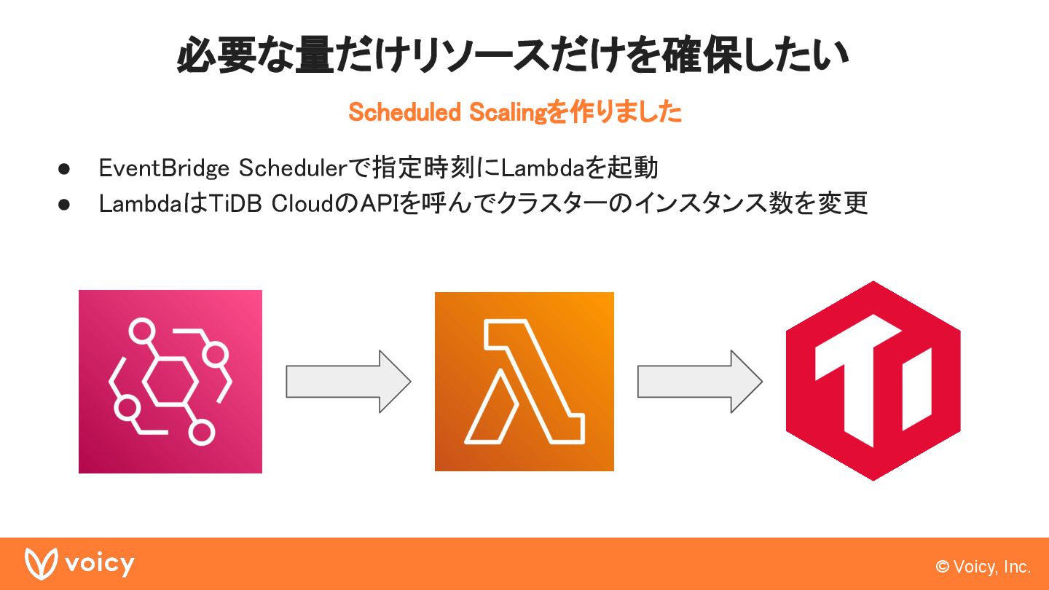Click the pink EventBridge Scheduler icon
170,381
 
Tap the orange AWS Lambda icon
524,381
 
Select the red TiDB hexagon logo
873,381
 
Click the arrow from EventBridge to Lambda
348,381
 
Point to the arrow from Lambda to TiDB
700,381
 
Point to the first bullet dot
63,169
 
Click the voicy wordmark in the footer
100,565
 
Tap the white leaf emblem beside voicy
41,564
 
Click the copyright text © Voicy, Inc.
983,567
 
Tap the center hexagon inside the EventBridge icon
170,381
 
